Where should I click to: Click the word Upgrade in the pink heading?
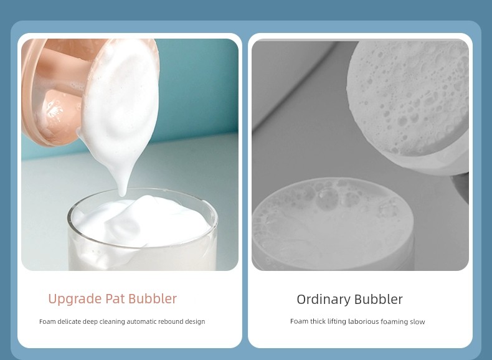[x=75, y=299]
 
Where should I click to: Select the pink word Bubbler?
[x=153, y=298]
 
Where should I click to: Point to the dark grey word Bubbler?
[x=377, y=299]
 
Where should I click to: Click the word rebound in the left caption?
[x=171, y=321]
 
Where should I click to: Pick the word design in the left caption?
[x=196, y=322]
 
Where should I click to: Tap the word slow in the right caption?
[x=417, y=322]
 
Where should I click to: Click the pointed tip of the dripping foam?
[x=122, y=195]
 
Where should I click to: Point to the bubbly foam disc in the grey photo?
[x=408, y=97]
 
